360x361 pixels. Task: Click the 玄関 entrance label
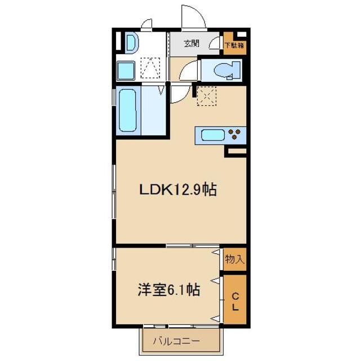pyautogui.click(x=192, y=44)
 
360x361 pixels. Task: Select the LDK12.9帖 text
pyautogui.click(x=179, y=190)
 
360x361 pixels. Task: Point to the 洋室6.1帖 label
pyautogui.click(x=168, y=290)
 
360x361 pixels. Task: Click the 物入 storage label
pyautogui.click(x=234, y=259)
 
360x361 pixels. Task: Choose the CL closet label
pyautogui.click(x=234, y=301)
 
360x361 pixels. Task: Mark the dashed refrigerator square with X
pyautogui.click(x=206, y=95)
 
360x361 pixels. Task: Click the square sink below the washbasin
pyautogui.click(x=126, y=71)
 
